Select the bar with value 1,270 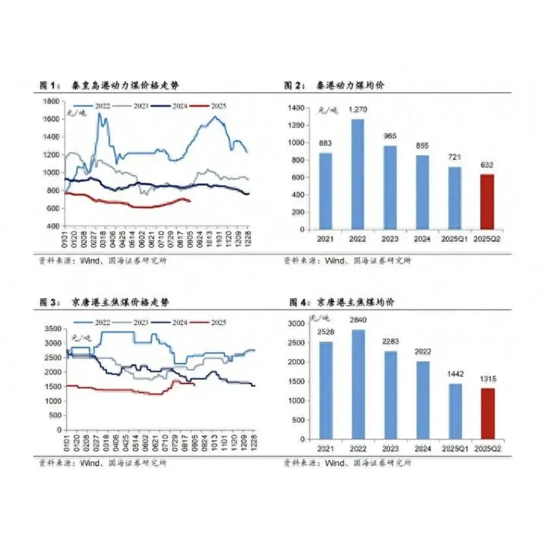(357, 173)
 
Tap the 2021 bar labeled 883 (325, 190)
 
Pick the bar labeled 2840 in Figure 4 (357, 385)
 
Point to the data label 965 (390, 136)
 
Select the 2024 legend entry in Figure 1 (171, 105)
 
